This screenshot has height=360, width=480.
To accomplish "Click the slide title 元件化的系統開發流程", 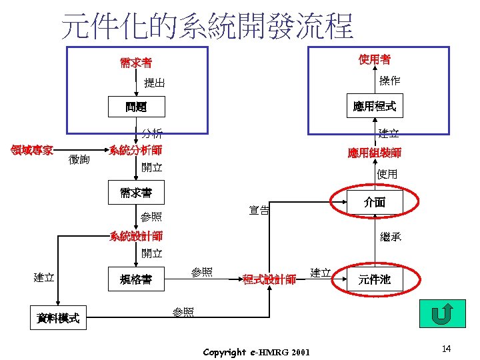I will (207, 25).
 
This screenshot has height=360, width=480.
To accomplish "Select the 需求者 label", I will (136, 63).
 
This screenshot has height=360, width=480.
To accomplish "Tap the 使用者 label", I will (374, 61).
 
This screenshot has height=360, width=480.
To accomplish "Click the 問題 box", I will (136, 106).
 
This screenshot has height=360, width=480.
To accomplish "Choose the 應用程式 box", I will (374, 106).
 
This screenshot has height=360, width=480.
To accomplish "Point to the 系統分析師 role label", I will (135, 150).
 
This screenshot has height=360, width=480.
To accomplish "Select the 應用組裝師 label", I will (374, 153).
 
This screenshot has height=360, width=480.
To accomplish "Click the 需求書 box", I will (136, 193).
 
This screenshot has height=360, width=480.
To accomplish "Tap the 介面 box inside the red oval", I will (375, 202).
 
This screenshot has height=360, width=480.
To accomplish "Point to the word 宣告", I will (259, 211).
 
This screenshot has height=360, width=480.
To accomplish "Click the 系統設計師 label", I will (136, 236).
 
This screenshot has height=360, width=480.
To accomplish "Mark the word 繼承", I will (391, 237).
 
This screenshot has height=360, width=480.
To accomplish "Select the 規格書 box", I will (136, 279).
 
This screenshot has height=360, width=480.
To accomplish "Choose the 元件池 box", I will (375, 280).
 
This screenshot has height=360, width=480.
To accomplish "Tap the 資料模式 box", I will (58, 319).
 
